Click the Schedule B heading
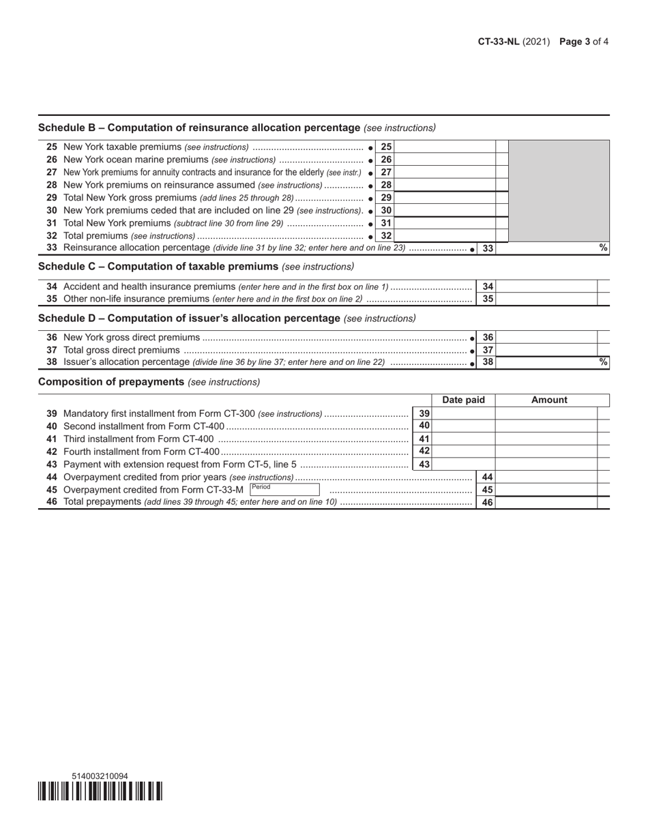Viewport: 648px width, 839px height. click(198, 128)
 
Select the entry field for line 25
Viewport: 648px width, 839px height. click(445, 147)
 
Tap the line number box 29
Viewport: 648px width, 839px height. click(386, 198)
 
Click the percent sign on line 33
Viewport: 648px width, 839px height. click(603, 248)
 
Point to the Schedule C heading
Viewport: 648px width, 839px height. click(158, 266)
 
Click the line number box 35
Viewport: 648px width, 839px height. click(487, 299)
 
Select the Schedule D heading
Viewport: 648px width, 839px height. click(189, 318)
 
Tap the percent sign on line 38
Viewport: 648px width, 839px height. click(603, 362)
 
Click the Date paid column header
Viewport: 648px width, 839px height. click(463, 400)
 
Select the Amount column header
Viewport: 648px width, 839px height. click(549, 400)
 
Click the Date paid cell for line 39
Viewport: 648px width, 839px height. click(463, 413)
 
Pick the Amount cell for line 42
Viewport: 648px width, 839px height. click(546, 452)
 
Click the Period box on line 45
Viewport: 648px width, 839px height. click(284, 490)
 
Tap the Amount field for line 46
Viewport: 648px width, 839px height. click(546, 503)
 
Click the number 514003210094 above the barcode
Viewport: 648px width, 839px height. click(100, 776)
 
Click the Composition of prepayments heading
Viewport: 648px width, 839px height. click(111, 382)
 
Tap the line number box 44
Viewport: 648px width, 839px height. click(487, 477)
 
